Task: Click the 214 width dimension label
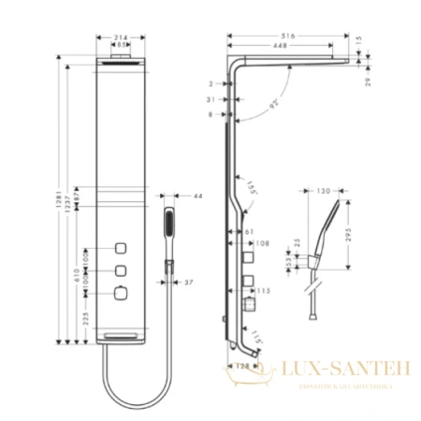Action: (x=120, y=37)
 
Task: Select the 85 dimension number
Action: (x=120, y=46)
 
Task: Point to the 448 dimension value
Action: (x=279, y=46)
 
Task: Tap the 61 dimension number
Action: (x=250, y=231)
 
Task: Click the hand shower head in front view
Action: (x=170, y=224)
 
